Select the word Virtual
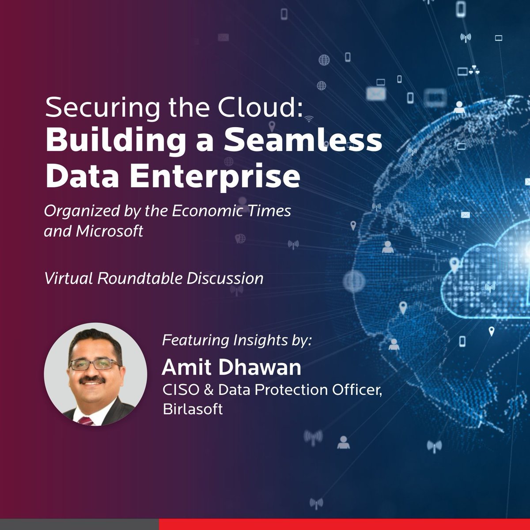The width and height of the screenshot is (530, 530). [x=69, y=279]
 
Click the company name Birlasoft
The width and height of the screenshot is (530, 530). [x=193, y=409]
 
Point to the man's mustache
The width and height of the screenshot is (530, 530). [x=93, y=380]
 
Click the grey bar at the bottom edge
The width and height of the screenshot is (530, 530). [x=79, y=524]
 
